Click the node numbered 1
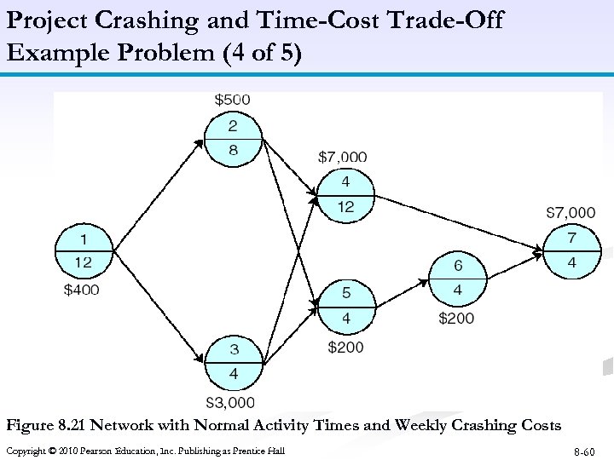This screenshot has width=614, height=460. coord(84,251)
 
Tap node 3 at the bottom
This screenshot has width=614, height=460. coord(232,362)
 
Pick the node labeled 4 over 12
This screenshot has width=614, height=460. coord(345,195)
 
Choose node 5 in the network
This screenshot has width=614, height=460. coord(345,306)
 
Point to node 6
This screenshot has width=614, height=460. coord(457,279)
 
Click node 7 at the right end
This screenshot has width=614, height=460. coord(571,250)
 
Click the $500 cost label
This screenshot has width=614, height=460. coord(232,100)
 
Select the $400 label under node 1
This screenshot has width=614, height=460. coord(82,290)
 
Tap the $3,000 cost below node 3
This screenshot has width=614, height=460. coord(230,402)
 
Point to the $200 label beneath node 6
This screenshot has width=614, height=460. coord(456,319)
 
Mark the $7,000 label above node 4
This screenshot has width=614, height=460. coord(343,157)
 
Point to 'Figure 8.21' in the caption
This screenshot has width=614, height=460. coord(45,425)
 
